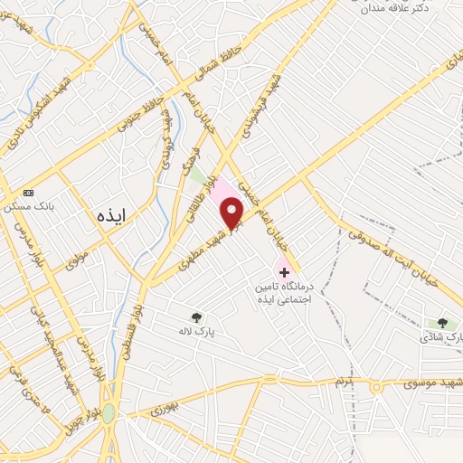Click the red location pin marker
click(233, 213)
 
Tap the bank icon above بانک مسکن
click(29, 193)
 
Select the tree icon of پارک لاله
click(196, 317)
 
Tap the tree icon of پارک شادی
click(441, 323)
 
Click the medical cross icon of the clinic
click(284, 271)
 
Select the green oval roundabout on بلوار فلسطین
click(109, 412)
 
